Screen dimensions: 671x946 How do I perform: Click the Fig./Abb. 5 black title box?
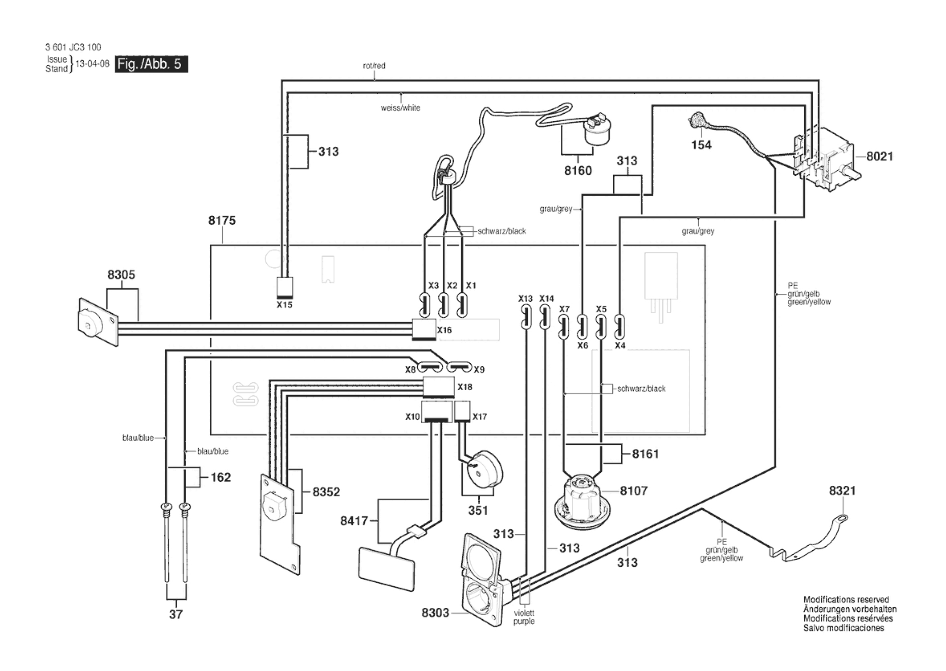(x=151, y=64)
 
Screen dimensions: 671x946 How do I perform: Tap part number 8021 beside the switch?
(x=879, y=156)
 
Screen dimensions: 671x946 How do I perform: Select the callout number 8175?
(x=222, y=220)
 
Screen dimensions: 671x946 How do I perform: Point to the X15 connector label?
(x=284, y=305)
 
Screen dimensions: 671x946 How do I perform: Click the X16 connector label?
(x=444, y=330)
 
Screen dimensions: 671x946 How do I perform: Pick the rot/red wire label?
(x=374, y=66)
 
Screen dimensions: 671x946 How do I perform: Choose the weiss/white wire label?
(x=400, y=108)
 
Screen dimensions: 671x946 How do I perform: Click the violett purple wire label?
(x=524, y=617)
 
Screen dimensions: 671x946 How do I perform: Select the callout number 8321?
(x=842, y=490)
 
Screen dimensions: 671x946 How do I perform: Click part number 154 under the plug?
(x=701, y=145)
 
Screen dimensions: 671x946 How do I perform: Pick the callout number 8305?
(x=121, y=275)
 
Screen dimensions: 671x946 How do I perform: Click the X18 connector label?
(x=465, y=387)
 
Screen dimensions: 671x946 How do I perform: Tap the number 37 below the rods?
(x=176, y=614)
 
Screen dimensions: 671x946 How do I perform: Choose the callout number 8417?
(x=354, y=521)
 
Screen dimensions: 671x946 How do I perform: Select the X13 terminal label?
(x=525, y=299)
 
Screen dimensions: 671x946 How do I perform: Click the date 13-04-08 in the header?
(x=92, y=64)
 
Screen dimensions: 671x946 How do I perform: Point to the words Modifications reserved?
(x=846, y=600)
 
